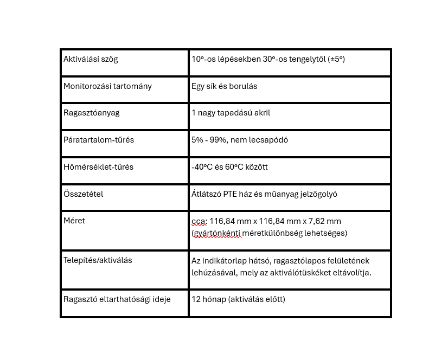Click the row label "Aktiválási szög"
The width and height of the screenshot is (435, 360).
91,59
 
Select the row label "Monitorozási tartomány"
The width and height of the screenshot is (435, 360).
107,86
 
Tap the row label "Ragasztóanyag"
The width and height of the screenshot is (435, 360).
91,113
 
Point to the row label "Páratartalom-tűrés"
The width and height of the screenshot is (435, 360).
99,140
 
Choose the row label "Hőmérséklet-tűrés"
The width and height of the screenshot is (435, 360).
98,167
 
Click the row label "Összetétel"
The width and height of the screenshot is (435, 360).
83,194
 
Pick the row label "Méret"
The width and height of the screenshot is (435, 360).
74,221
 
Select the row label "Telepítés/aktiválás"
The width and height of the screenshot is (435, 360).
98,260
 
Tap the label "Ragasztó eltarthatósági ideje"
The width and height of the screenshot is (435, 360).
117,299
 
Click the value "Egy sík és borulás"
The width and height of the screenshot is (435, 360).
224,86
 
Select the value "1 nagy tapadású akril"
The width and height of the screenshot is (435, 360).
231,113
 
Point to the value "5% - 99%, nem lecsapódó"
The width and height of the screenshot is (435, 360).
239,140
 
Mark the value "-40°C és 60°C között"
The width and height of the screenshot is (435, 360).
229,167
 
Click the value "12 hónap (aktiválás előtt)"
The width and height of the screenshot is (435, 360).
238,299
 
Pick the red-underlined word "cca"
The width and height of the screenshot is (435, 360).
199,221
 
